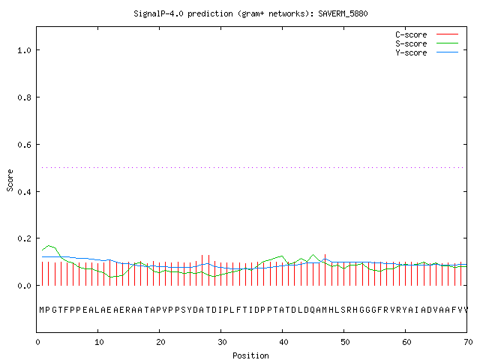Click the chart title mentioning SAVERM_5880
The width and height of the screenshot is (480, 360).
coord(250,13)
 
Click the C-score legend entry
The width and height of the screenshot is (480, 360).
coord(427,34)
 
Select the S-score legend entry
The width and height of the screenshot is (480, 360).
coord(427,43)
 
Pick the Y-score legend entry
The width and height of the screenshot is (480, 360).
coord(427,52)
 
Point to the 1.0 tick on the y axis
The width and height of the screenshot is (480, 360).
coord(25,50)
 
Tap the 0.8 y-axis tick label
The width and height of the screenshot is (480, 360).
coord(25,97)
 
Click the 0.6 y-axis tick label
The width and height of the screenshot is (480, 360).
coord(25,145)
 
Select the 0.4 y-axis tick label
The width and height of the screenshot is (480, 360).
coord(25,192)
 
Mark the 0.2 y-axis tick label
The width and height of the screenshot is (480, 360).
coord(25,238)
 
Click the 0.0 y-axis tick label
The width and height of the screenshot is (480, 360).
coord(25,286)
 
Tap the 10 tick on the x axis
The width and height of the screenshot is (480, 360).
coord(99,342)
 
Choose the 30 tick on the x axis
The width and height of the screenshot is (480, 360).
coord(222,342)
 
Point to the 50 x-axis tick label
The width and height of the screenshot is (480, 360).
coord(345,342)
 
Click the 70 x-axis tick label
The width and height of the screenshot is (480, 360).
coord(468,342)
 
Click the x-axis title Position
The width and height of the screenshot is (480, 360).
coord(250,355)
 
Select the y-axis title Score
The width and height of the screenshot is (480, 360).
coord(10,180)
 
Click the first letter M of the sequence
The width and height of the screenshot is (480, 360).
coord(42,310)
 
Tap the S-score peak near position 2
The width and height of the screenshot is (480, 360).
coord(49,245)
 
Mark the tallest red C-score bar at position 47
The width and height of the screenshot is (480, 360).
coord(325,270)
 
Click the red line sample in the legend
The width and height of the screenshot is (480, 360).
coord(447,34)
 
